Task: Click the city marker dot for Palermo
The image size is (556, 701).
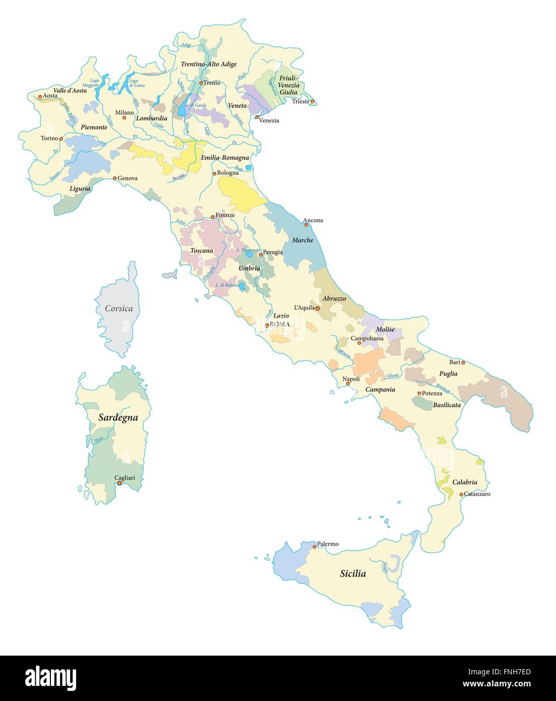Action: (x=314, y=546)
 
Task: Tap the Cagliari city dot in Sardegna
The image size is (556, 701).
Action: (x=120, y=483)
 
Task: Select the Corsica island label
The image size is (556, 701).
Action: (x=119, y=308)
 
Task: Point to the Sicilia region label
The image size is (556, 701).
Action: (x=353, y=573)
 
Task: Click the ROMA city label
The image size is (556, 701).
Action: (x=280, y=324)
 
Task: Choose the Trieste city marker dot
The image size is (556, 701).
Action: (x=313, y=102)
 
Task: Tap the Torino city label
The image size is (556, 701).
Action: (x=49, y=138)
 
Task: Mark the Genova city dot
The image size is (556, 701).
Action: (x=115, y=178)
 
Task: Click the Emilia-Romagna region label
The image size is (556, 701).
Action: (x=225, y=158)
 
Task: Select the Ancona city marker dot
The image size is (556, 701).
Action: (x=306, y=225)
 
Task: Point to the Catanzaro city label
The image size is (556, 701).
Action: (x=477, y=494)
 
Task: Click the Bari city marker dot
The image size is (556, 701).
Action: (x=463, y=362)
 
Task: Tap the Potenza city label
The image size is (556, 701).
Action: (x=432, y=393)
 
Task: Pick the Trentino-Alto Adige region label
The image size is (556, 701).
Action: (x=209, y=64)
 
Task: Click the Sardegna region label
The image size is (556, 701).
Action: (x=118, y=417)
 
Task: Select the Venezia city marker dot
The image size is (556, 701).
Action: (x=257, y=117)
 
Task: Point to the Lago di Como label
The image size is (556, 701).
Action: (x=134, y=83)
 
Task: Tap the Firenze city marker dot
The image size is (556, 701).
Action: (x=213, y=215)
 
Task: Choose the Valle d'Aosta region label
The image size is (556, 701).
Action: (x=70, y=91)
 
